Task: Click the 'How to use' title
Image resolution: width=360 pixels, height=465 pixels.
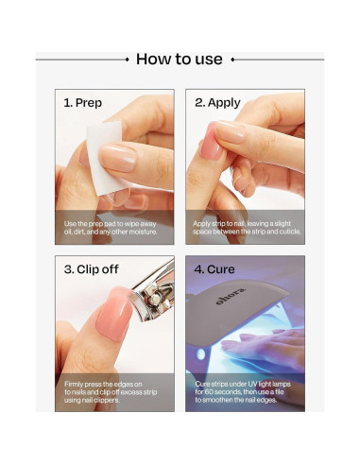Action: point(180,60)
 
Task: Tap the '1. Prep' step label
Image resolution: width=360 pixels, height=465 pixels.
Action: point(83,103)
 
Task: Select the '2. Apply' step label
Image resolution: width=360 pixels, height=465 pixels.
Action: point(217,103)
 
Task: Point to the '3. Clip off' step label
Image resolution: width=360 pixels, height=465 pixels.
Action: point(92,269)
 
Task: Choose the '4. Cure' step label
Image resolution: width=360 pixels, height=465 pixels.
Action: point(214,269)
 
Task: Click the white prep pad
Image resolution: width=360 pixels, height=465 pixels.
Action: point(104,157)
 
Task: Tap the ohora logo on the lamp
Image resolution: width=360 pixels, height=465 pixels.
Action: point(231,296)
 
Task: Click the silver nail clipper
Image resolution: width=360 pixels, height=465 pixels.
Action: point(153,292)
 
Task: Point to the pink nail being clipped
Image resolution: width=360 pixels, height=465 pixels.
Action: point(114,316)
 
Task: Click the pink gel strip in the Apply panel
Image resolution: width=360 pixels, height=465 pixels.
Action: point(211,141)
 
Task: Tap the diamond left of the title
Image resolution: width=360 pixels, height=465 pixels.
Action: point(127,60)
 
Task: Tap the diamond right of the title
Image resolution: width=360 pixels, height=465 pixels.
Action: point(232,60)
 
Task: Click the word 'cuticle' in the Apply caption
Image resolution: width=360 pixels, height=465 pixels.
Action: point(290,232)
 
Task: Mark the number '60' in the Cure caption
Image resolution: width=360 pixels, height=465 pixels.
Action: point(209,392)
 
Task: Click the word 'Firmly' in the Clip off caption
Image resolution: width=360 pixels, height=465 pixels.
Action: point(73,385)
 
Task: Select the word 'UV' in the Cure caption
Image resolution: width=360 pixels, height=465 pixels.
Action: point(252,384)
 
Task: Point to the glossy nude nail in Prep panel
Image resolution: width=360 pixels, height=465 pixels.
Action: point(117,159)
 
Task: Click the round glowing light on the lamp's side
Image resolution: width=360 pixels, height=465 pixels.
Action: point(200,354)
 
